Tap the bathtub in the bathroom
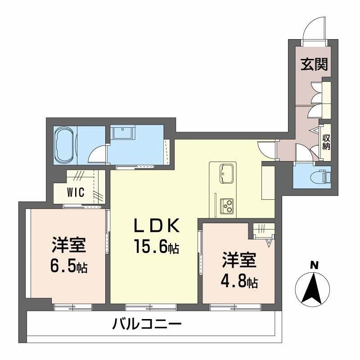click(x=66, y=143)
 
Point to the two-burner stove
click(x=226, y=206)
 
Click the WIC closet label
click(x=75, y=193)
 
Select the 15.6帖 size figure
click(x=156, y=246)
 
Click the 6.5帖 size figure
click(x=69, y=266)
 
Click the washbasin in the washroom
click(x=123, y=133)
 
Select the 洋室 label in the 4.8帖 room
click(x=239, y=261)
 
